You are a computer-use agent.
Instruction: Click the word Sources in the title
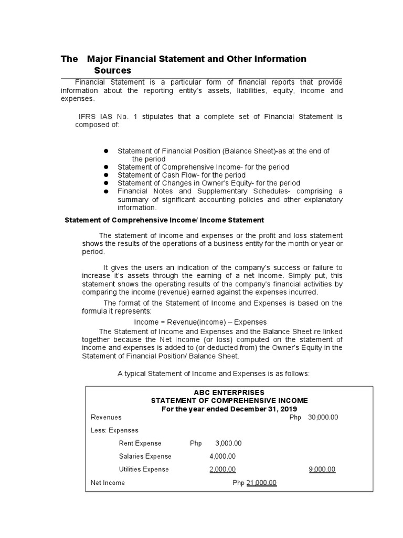click(x=112, y=70)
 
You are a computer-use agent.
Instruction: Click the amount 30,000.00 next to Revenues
click(x=323, y=417)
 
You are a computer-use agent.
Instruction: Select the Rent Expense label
click(x=140, y=443)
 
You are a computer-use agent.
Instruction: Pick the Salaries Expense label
click(x=145, y=456)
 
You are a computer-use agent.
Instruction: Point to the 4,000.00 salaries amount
click(x=222, y=456)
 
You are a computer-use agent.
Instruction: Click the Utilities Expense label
click(x=144, y=469)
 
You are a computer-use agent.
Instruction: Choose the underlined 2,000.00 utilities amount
click(x=222, y=469)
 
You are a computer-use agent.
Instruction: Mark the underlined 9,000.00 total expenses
click(x=322, y=469)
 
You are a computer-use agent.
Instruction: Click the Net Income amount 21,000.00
click(x=261, y=482)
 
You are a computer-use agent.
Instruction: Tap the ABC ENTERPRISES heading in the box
click(x=229, y=392)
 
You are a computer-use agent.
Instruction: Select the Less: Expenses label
click(x=114, y=430)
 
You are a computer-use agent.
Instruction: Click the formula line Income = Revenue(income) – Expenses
click(x=200, y=322)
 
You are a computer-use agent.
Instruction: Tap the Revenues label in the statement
click(x=106, y=417)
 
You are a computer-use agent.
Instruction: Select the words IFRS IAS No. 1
click(x=105, y=117)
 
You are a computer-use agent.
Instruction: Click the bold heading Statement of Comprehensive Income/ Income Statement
click(x=164, y=220)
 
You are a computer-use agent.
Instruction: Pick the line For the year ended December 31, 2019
click(x=229, y=409)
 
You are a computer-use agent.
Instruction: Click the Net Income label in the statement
click(x=108, y=482)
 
